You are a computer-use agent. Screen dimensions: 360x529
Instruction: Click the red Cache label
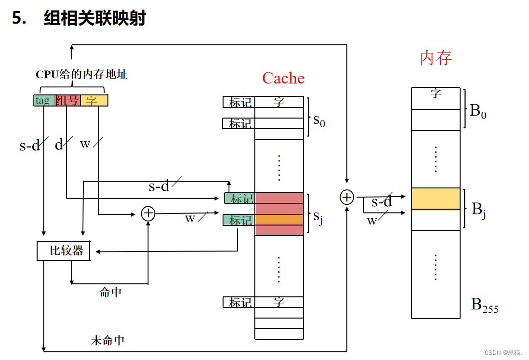(283, 78)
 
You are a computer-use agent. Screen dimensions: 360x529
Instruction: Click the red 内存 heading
(436, 58)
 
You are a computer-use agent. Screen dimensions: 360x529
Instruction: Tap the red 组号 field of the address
(68, 100)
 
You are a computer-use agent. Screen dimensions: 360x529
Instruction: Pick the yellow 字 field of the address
(94, 100)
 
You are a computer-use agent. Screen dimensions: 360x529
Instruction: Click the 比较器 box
(64, 251)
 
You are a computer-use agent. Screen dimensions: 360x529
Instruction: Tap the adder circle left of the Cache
(148, 213)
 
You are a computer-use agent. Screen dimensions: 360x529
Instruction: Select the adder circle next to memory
(346, 197)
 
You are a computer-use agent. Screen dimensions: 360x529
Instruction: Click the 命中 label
(110, 292)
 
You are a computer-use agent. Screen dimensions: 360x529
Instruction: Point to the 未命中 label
(107, 340)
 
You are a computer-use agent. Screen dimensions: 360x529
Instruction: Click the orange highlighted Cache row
(279, 219)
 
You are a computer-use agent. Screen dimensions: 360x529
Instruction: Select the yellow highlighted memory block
(436, 199)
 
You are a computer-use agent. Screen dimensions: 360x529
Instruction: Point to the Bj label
(478, 210)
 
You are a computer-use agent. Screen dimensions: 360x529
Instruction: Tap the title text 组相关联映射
(94, 18)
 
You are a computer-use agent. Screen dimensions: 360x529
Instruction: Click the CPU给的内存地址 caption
(81, 75)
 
